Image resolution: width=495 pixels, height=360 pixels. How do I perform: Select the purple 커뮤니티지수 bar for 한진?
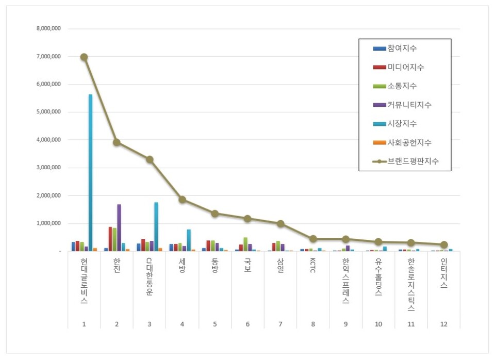click(x=119, y=227)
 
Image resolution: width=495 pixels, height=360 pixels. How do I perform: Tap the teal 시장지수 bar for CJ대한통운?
click(x=156, y=226)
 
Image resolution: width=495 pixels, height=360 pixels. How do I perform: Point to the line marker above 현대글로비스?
click(x=84, y=57)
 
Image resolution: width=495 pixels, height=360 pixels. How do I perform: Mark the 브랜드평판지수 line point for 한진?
click(x=117, y=142)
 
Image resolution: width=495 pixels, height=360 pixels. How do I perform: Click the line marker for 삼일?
click(x=280, y=224)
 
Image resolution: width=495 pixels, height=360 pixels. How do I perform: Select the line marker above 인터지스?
click(x=443, y=245)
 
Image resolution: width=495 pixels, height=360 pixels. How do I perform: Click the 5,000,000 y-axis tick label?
click(x=49, y=112)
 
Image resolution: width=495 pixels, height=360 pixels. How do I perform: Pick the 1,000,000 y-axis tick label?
click(x=49, y=223)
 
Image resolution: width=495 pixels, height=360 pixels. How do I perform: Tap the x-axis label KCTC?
click(x=313, y=270)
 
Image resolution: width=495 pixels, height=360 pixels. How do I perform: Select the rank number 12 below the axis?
click(x=443, y=323)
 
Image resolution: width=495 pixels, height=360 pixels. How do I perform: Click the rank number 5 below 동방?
click(x=215, y=323)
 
